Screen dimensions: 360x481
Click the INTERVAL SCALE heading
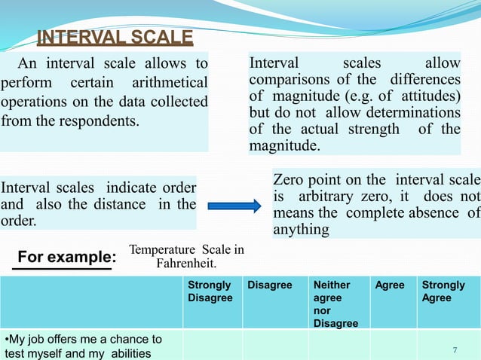[x=115, y=38]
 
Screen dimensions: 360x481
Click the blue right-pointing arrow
[x=234, y=206]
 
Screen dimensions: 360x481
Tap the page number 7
[x=455, y=349]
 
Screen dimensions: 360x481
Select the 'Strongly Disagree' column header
[x=210, y=291]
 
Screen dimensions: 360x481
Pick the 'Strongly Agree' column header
[x=443, y=291]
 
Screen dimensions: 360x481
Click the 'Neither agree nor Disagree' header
[x=334, y=304]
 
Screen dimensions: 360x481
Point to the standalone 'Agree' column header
[x=389, y=285]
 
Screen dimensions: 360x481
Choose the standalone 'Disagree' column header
[x=269, y=285]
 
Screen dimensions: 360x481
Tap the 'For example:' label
[x=65, y=258]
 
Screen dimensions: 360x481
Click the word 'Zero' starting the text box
[x=288, y=181]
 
